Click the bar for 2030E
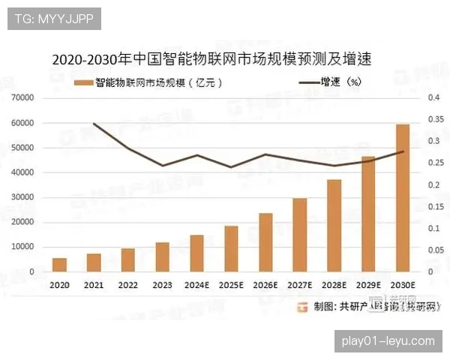(403, 198)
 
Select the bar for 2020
(59, 265)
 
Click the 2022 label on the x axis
(128, 286)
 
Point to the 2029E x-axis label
(368, 286)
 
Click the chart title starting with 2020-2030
(212, 58)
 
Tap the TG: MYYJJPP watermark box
(54, 19)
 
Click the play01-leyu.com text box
(387, 341)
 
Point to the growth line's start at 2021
(94, 123)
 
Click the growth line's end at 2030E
(403, 151)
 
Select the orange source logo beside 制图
(303, 306)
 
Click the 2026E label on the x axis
(265, 286)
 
